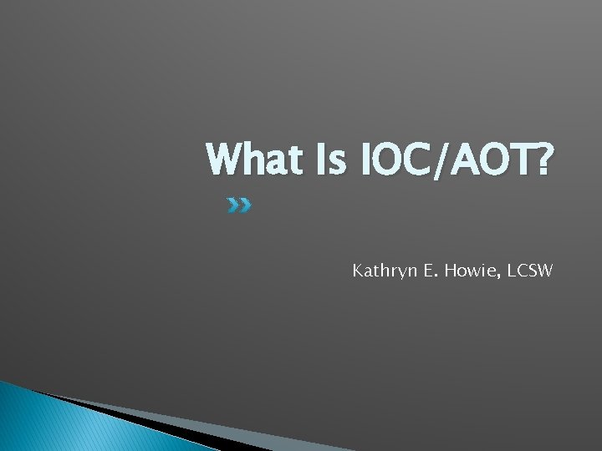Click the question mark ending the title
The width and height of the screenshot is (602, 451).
543,160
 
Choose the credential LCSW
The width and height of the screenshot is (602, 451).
533,271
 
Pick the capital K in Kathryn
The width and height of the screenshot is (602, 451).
358,271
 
